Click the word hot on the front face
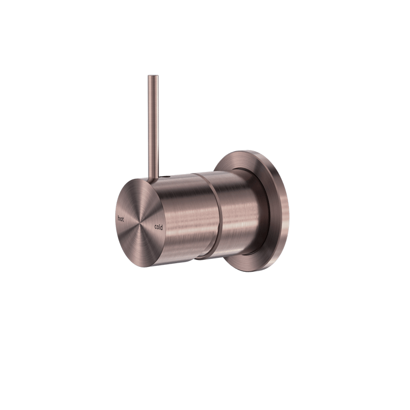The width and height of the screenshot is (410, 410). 121,218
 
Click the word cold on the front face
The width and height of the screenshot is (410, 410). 158,226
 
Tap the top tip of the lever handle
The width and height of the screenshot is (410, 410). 153,76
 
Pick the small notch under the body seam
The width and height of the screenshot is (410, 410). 199,259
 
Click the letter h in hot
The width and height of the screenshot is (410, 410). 118,218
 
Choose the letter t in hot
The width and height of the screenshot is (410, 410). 123,219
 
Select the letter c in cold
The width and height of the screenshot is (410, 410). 155,227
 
